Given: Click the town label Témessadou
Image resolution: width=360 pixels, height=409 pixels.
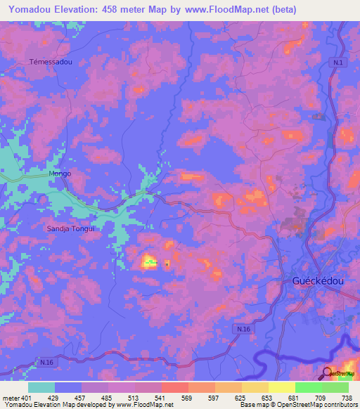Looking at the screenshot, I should pos(51,62).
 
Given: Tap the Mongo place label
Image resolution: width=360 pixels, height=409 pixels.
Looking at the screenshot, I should pos(60,173).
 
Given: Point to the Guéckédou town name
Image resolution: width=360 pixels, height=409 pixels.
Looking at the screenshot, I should pos(317,280).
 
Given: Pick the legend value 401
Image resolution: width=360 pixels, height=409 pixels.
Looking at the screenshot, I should pos(27,397).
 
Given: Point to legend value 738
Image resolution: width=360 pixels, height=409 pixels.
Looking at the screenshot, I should pos(347,397).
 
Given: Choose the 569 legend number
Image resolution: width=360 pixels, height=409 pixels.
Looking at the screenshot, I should pos(187,397).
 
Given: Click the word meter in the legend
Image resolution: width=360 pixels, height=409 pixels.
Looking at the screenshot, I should pos(11,397).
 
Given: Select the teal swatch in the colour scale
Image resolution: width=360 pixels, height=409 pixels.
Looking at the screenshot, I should pos(41,387).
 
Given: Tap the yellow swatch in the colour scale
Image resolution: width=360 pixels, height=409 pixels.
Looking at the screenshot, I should pos(281,387).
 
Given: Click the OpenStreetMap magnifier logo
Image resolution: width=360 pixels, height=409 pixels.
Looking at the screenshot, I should pos(328,372).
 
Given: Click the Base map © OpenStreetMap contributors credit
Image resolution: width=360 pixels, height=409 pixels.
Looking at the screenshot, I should pos(297,405).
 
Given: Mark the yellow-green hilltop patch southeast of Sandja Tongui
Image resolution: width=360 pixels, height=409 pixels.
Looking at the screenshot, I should pos(149,262).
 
